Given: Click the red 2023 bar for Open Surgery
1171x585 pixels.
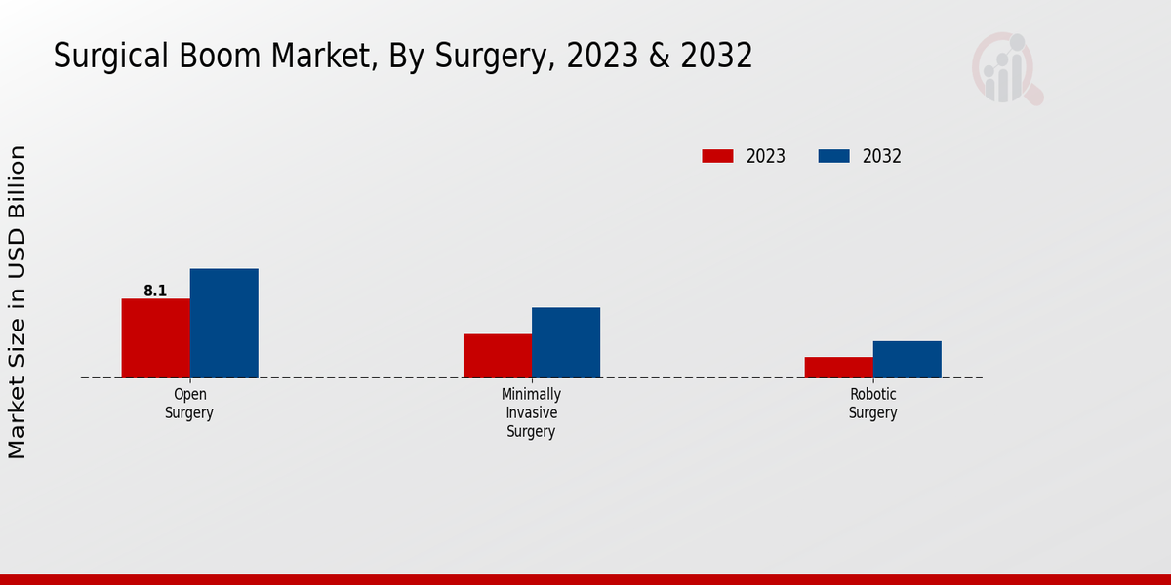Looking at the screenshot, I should [155, 337].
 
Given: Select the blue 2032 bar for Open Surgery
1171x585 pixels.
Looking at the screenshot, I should [223, 323].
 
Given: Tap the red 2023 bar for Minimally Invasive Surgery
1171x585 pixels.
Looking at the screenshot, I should [498, 356].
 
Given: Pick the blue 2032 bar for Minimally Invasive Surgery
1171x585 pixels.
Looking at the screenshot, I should [566, 342].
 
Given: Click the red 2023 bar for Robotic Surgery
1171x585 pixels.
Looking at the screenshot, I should [838, 367].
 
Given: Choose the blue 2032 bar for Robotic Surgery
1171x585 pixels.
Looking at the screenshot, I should [907, 359].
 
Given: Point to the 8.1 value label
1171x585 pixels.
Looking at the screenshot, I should [155, 291].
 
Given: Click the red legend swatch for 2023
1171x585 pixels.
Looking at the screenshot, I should [717, 156].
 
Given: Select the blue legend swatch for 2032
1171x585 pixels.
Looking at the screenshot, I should [833, 156].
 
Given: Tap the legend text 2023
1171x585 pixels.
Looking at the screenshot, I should [766, 156].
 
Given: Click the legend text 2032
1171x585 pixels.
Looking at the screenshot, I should [882, 156].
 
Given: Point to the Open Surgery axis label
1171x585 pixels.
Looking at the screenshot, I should [189, 404].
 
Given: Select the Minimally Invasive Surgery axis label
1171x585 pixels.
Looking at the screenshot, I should [531, 412].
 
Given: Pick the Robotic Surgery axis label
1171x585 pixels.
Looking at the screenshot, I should [872, 404].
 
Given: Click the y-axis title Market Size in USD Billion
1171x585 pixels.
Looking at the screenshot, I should [18, 302].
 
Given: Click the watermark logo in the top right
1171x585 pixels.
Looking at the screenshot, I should [1006, 68].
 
